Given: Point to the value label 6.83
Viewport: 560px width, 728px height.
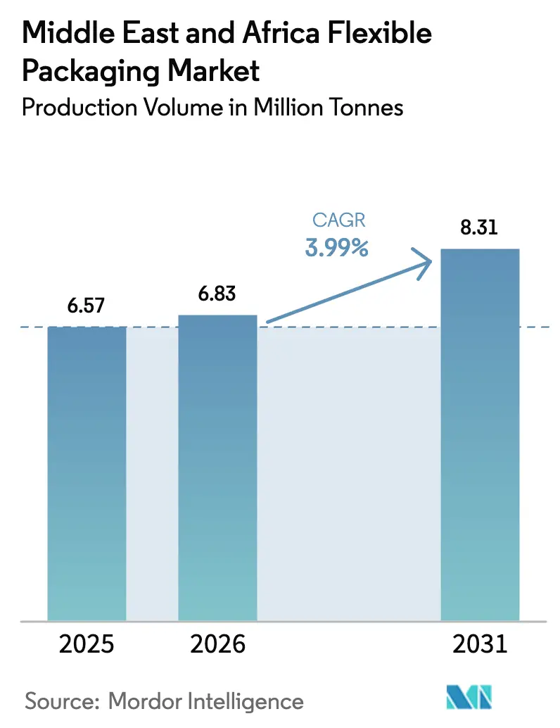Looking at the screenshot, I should coord(217,294).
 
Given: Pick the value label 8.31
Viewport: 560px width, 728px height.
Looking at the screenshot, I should coord(480,229).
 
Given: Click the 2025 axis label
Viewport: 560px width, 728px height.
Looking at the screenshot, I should coord(87,644).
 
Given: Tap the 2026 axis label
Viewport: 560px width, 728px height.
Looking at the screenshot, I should coord(218,644).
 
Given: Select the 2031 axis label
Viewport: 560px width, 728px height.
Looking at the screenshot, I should coord(480,644).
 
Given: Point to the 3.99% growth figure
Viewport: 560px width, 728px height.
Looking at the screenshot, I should coord(337,247).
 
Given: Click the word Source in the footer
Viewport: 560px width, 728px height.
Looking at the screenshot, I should coord(63,701).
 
